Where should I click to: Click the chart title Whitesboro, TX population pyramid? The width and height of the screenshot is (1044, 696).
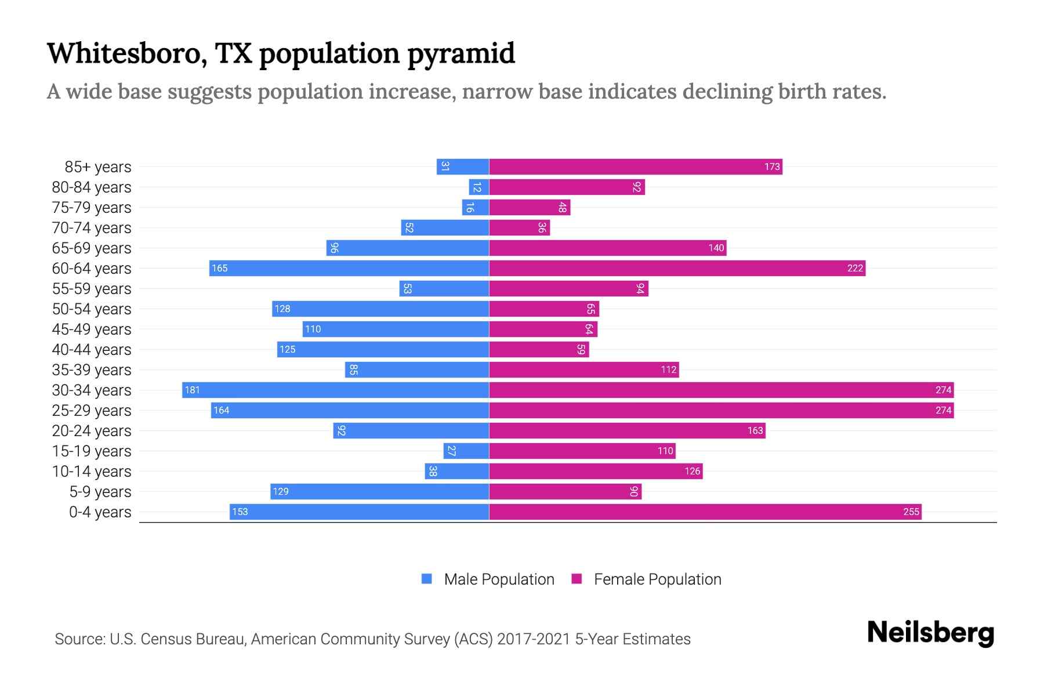coord(281,53)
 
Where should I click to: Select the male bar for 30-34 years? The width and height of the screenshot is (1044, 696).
coord(335,390)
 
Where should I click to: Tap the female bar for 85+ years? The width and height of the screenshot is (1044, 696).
coord(635,167)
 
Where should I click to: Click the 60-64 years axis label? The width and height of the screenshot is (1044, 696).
coord(92,269)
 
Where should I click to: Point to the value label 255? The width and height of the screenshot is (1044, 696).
coord(911,512)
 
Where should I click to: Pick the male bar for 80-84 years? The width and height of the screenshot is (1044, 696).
coord(479,187)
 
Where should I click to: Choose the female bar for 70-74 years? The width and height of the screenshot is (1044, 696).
coord(519,228)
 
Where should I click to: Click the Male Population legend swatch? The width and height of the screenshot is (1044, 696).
coord(427,579)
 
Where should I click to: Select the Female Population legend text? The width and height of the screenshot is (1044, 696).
coord(657,579)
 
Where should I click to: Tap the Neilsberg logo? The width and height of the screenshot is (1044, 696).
coord(930,633)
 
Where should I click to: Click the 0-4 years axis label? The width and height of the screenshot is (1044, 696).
coord(100,512)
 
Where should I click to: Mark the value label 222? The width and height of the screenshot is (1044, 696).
coord(855,269)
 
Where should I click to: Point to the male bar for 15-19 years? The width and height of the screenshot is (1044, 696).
coord(466,451)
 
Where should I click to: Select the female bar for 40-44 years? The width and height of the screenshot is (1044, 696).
coord(539,350)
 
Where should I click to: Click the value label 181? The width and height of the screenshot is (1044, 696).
coord(192,390)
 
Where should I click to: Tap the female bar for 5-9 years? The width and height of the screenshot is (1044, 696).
coord(565,492)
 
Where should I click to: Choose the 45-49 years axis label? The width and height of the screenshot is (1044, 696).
coord(92,329)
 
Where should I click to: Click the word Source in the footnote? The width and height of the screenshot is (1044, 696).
coord(79,639)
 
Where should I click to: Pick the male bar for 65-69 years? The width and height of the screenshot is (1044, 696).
coord(407,248)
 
